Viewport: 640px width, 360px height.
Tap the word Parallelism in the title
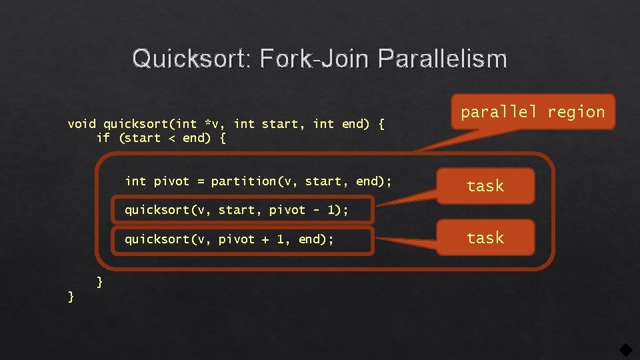pyautogui.click(x=441, y=59)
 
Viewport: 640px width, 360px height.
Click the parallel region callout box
pyautogui.click(x=533, y=112)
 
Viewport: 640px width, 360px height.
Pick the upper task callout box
pyautogui.click(x=485, y=186)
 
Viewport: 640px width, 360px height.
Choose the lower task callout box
pyautogui.click(x=485, y=238)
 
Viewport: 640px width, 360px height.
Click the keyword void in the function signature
pyautogui.click(x=82, y=124)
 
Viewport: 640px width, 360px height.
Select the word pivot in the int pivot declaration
pyautogui.click(x=171, y=181)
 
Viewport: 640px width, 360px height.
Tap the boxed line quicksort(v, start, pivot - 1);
pyautogui.click(x=237, y=211)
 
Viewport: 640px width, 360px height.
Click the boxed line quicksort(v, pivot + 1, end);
pyautogui.click(x=229, y=239)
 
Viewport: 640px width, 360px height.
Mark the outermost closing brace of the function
pyautogui.click(x=71, y=296)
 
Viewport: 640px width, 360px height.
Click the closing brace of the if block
pyautogui.click(x=100, y=282)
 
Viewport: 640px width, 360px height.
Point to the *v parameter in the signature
pyautogui.click(x=211, y=124)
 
